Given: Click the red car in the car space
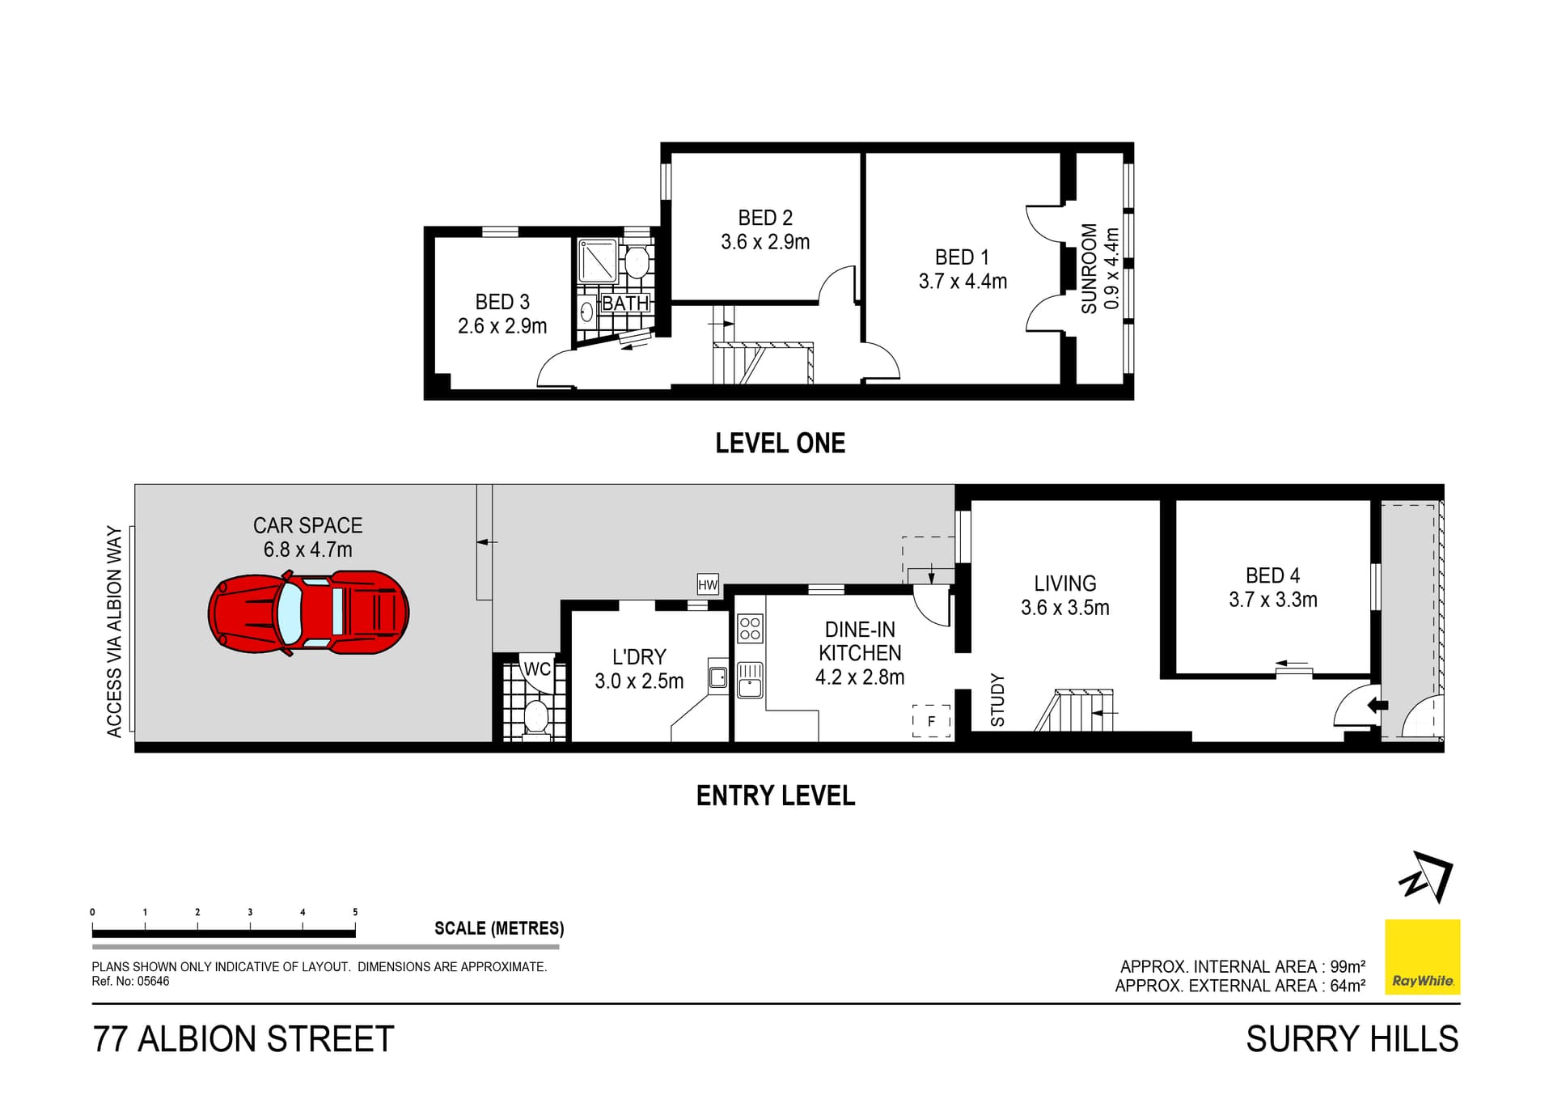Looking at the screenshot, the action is (x=308, y=613).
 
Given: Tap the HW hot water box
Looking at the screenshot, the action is (x=708, y=585).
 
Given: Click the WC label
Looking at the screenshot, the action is (x=537, y=669).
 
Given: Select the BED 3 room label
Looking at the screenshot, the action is (x=502, y=302).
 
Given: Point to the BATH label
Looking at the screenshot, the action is (x=625, y=303).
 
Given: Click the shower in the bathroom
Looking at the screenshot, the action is (x=599, y=260).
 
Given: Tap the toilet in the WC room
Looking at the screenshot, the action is (x=536, y=717).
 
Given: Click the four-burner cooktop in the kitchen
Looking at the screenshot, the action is (x=750, y=629).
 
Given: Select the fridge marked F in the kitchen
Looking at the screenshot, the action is (x=931, y=721).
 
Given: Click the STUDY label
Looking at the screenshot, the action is (x=997, y=700).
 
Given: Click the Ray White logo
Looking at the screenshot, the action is (x=1423, y=957).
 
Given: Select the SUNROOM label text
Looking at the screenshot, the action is (x=1089, y=269).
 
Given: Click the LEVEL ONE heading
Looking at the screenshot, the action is (x=781, y=443).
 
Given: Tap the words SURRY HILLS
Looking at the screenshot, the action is (x=1352, y=1039).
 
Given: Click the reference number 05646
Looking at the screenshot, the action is (x=153, y=982).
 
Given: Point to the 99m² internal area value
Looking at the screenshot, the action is (x=1348, y=966).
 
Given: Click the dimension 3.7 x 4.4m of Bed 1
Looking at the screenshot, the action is (x=963, y=282).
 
